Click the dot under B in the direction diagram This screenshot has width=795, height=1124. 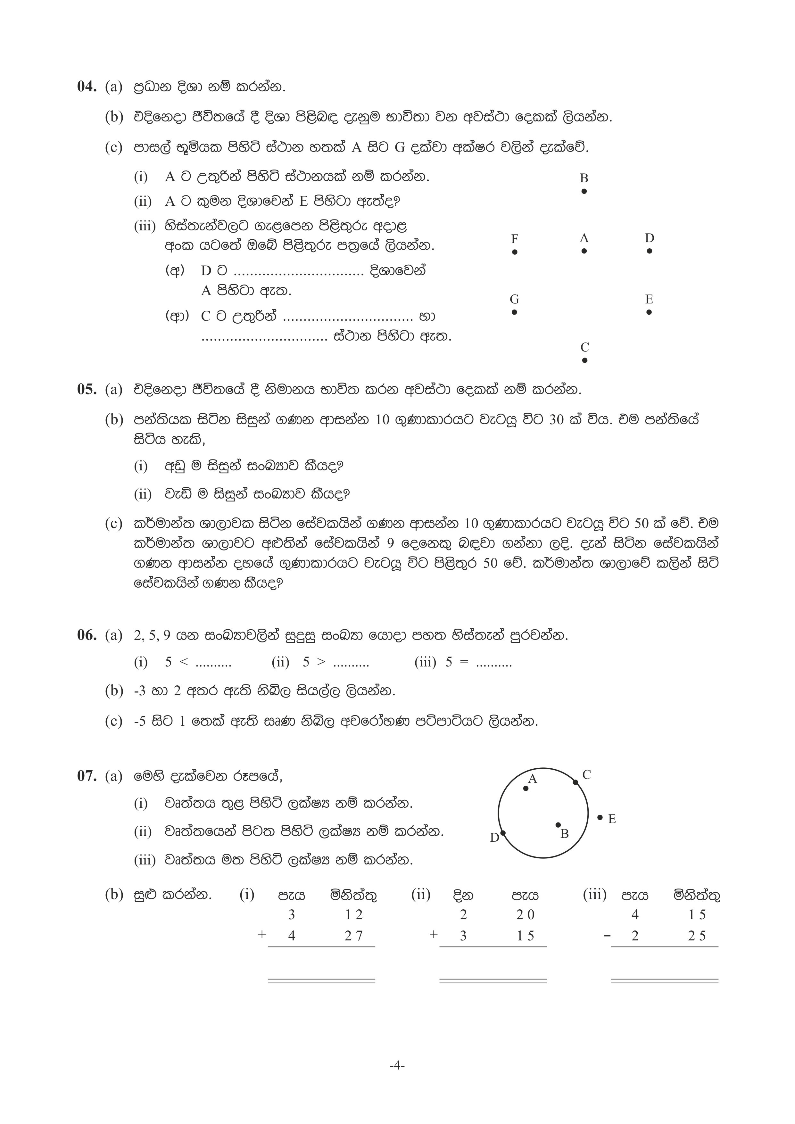584,191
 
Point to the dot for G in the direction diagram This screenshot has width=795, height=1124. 514,312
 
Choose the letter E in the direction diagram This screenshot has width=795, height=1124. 649,299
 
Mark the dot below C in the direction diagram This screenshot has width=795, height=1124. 584,360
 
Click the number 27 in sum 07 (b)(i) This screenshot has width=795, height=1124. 353,936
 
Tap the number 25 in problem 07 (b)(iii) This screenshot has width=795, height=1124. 697,936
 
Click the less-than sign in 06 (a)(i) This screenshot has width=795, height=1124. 184,662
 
